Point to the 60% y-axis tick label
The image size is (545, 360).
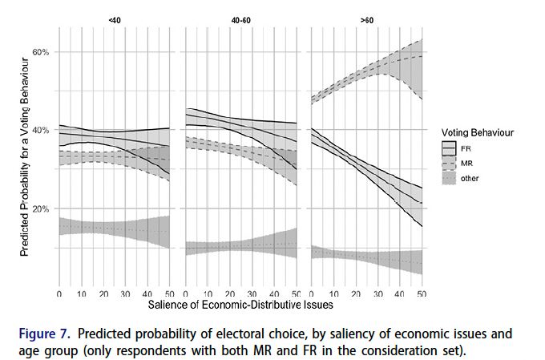(x=40, y=51)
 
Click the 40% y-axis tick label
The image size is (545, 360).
(x=40, y=130)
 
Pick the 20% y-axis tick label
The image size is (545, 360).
(x=40, y=208)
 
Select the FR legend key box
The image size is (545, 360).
(x=449, y=148)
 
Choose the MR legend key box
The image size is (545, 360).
(x=449, y=163)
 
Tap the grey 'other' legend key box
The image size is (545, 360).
(x=449, y=178)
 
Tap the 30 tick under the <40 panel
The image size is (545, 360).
(x=125, y=295)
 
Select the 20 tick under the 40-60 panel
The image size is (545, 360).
(x=230, y=295)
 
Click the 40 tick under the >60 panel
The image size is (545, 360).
(x=399, y=295)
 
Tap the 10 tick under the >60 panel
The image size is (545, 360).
(x=333, y=295)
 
